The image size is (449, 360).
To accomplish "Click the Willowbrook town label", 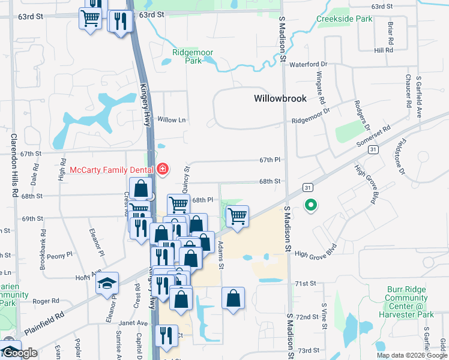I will pos(280,98).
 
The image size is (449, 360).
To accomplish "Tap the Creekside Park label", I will pos(345,19).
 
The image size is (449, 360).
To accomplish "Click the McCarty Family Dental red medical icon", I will pos(161,170).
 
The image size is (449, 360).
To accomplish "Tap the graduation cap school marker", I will pos(107,283).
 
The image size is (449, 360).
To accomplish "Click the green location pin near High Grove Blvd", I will pos(310,206).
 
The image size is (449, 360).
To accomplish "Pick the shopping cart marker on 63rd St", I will pos(90,19).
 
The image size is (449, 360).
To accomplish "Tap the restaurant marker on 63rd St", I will pos(119,21).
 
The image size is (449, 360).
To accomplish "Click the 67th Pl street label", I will pos(270,160).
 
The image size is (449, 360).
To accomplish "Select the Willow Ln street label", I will pos(172,120).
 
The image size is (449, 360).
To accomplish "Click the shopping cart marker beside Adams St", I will pos(238,215).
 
